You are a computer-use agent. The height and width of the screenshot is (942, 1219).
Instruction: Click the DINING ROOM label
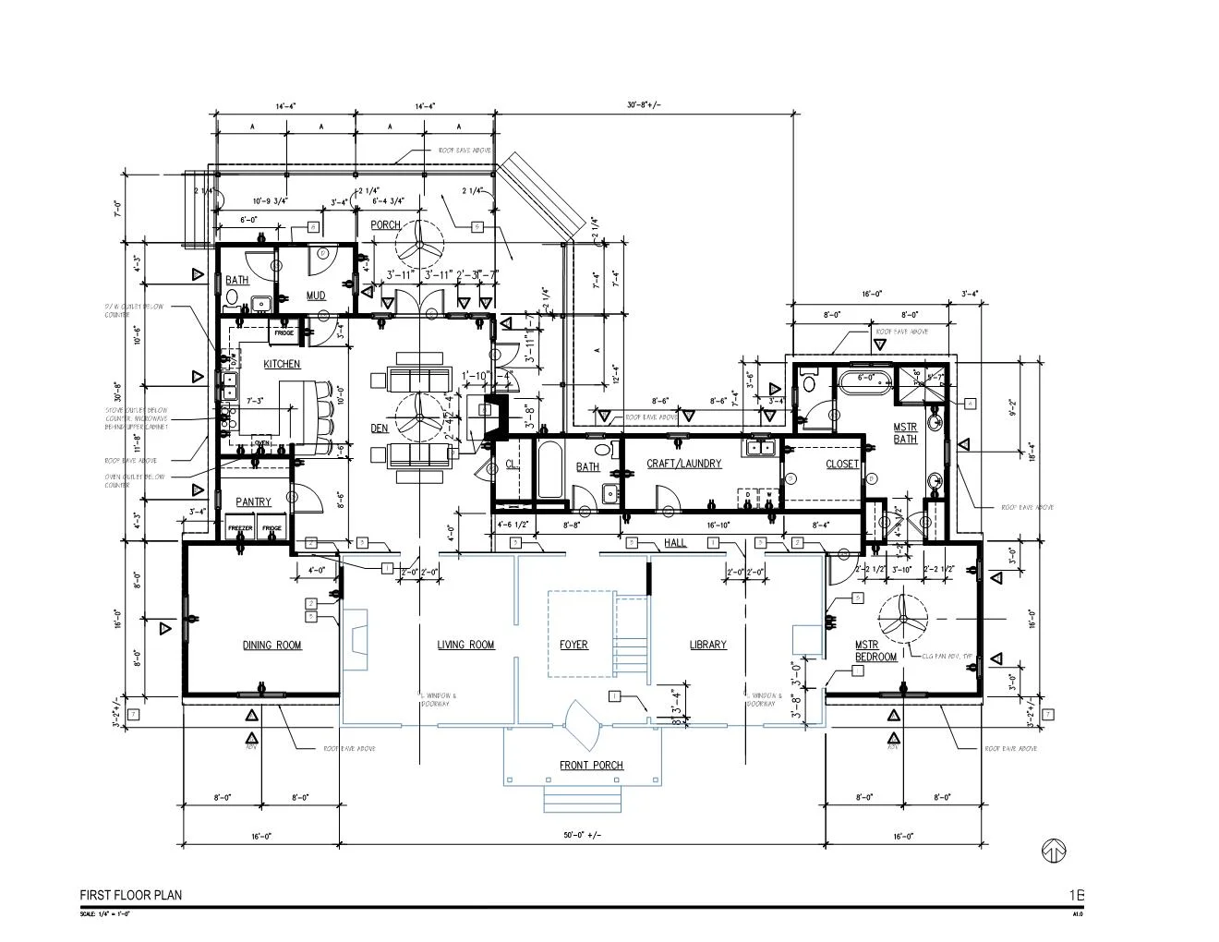pos(272,645)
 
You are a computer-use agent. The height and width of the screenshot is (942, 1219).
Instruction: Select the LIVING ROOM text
pos(465,645)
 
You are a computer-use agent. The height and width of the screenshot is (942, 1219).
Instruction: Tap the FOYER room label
pos(573,645)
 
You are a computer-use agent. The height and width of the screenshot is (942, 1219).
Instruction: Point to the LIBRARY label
pos(707,645)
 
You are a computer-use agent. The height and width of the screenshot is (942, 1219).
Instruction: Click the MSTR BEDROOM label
pos(875,651)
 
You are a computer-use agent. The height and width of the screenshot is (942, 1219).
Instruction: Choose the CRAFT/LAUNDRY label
pos(683,464)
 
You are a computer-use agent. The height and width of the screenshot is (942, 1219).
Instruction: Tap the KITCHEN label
pos(282,365)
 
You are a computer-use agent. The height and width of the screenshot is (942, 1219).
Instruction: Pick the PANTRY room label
pos(253,502)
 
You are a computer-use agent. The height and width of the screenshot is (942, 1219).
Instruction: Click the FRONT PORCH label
pos(591,766)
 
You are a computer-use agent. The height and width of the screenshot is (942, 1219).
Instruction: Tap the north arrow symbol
pos(1054,851)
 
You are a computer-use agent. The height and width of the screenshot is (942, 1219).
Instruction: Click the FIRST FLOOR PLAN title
pos(130,895)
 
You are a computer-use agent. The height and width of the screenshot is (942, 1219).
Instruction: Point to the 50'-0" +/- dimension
pos(582,836)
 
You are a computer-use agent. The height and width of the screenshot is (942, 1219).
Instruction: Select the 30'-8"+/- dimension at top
pos(644,105)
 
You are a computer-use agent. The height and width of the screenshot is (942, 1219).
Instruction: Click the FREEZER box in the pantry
pos(240,528)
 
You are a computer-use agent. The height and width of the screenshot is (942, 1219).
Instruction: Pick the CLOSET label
pos(841,465)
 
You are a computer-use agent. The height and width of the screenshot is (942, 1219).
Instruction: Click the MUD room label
pos(316,296)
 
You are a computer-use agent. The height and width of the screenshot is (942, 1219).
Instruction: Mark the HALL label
pos(675,543)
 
